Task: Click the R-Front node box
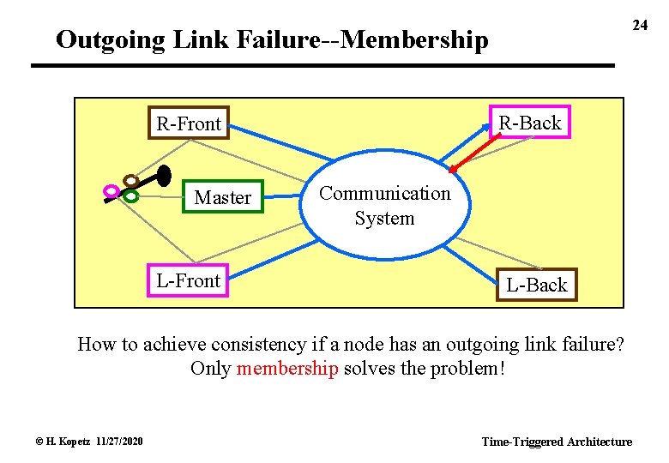coord(189,124)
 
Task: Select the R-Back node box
coord(529,123)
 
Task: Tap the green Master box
coord(222,197)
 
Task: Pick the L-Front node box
coord(189,280)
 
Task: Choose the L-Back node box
coord(537,285)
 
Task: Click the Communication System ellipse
coord(384,206)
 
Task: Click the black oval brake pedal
coord(165,175)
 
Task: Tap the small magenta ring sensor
coord(111,190)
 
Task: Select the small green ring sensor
coord(130,195)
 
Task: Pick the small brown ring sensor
coord(130,181)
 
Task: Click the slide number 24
coord(640,25)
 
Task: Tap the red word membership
coord(287,369)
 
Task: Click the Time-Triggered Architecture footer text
coord(557,442)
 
